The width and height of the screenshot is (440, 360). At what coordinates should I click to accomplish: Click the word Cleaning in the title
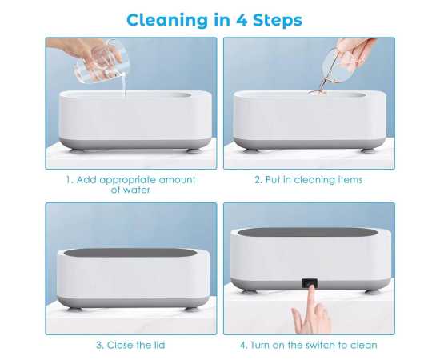[x=168, y=21]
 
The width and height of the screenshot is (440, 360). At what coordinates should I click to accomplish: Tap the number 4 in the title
[x=241, y=20]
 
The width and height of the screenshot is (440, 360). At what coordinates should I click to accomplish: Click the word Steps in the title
[x=278, y=21]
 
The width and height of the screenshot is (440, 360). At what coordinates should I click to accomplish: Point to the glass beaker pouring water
[x=102, y=62]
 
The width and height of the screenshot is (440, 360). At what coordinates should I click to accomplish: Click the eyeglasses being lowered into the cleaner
[x=335, y=70]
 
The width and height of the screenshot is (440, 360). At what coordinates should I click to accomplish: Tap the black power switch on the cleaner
[x=310, y=283]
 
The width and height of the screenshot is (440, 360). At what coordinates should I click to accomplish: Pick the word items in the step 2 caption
[x=350, y=180]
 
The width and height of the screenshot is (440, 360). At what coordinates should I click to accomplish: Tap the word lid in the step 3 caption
[x=159, y=345]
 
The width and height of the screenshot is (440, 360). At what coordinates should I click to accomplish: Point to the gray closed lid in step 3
[x=130, y=253]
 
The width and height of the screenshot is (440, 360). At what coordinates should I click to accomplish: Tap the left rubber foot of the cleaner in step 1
[x=76, y=150]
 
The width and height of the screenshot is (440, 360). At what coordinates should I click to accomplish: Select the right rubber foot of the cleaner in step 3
[x=192, y=309]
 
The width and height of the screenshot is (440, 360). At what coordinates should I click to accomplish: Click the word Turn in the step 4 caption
[x=260, y=345]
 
